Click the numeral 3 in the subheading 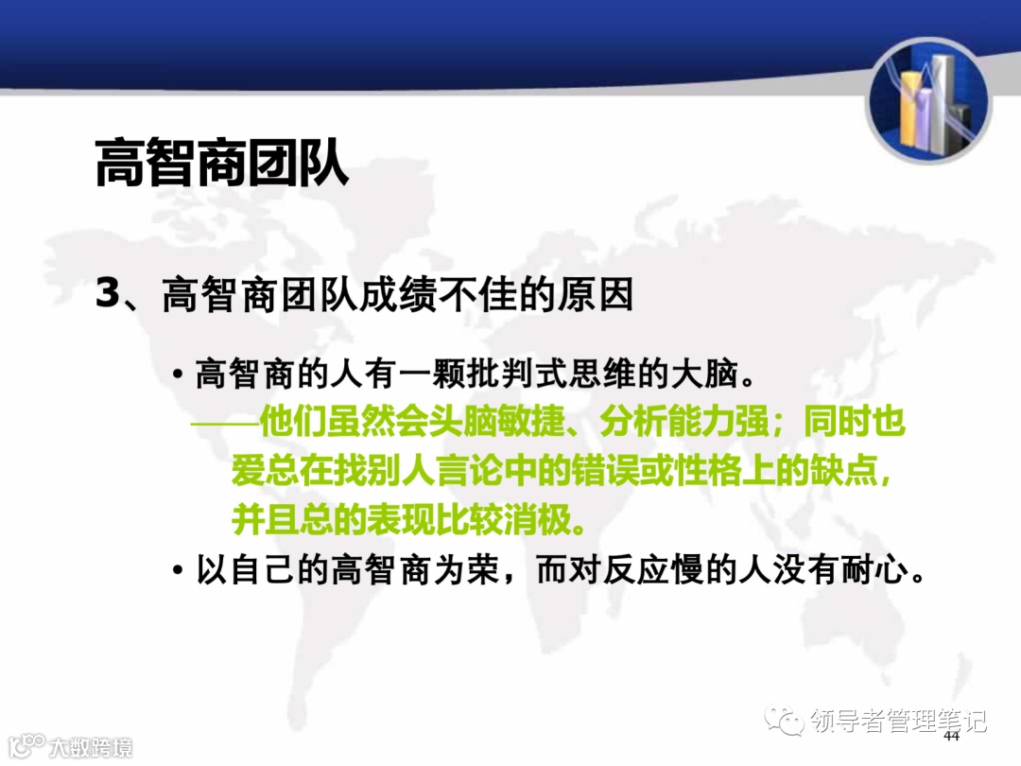(108, 294)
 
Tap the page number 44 (951, 737)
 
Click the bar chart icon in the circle (928, 102)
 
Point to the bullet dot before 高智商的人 (178, 375)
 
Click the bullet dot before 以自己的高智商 (178, 572)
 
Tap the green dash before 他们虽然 (224, 423)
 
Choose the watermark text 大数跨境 (91, 747)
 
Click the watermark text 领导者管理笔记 (898, 722)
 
